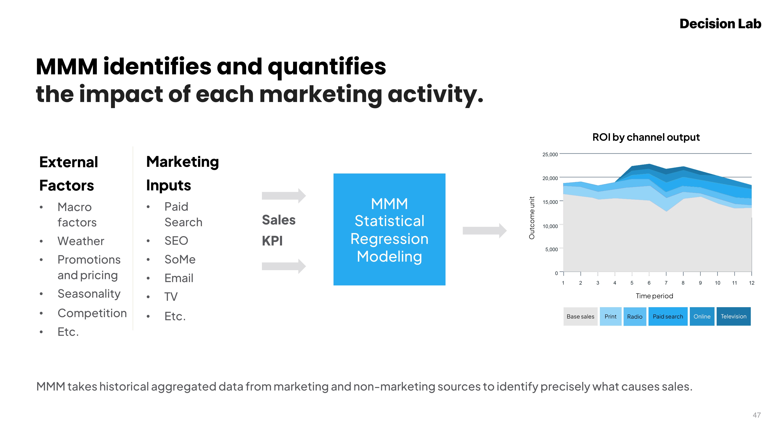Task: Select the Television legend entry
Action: pyautogui.click(x=733, y=317)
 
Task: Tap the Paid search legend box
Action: pyautogui.click(x=668, y=317)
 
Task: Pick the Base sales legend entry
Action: pyautogui.click(x=580, y=317)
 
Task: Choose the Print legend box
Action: pyautogui.click(x=611, y=317)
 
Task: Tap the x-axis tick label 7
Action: pyautogui.click(x=666, y=283)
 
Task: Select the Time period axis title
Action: pyautogui.click(x=654, y=296)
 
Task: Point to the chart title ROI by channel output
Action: pyautogui.click(x=646, y=137)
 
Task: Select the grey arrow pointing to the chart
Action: pyautogui.click(x=485, y=231)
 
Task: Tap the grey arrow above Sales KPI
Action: pyautogui.click(x=284, y=196)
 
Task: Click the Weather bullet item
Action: pyautogui.click(x=81, y=241)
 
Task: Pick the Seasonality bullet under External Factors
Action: pyautogui.click(x=89, y=294)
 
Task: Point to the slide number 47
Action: pyautogui.click(x=757, y=415)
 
